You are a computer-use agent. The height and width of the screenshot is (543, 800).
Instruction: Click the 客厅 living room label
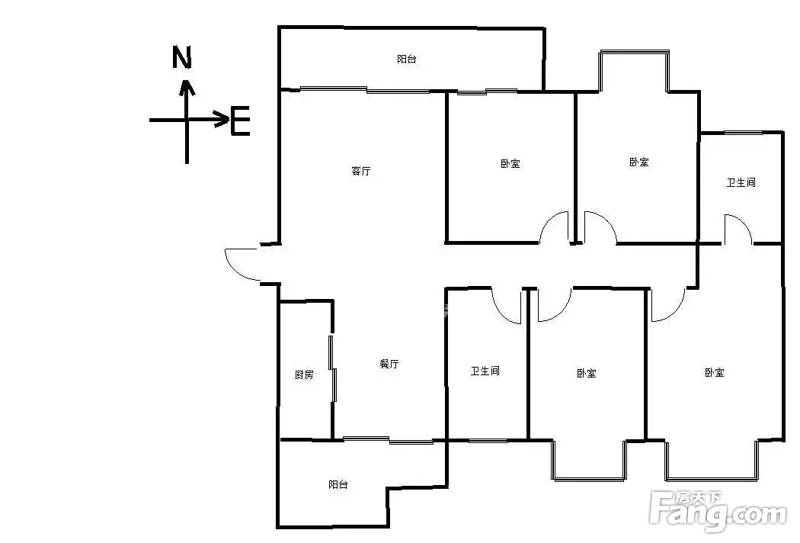tap(360, 171)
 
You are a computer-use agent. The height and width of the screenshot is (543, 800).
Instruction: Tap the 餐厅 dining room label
tap(389, 364)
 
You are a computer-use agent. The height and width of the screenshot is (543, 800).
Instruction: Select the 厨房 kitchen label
tap(304, 374)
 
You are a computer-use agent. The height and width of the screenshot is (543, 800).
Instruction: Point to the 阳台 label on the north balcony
tap(407, 59)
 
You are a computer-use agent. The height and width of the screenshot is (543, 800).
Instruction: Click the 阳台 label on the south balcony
tap(338, 484)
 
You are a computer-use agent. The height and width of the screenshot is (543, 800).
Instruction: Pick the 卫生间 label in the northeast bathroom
tap(741, 182)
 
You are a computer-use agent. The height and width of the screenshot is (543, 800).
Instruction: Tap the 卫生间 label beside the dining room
tap(485, 371)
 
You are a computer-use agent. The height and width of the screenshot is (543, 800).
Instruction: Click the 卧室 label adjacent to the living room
tap(510, 163)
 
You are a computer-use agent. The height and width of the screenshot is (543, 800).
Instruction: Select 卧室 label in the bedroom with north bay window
tap(638, 162)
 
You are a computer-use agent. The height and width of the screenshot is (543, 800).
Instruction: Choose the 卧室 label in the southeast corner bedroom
tap(715, 372)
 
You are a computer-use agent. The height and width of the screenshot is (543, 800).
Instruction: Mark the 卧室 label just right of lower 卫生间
tap(586, 373)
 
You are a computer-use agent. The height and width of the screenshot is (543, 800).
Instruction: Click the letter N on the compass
tap(181, 57)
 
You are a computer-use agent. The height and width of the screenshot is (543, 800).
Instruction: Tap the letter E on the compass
tap(240, 120)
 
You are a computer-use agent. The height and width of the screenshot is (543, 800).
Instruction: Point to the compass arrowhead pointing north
tap(187, 88)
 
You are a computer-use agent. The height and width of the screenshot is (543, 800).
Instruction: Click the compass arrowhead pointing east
tap(222, 120)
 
